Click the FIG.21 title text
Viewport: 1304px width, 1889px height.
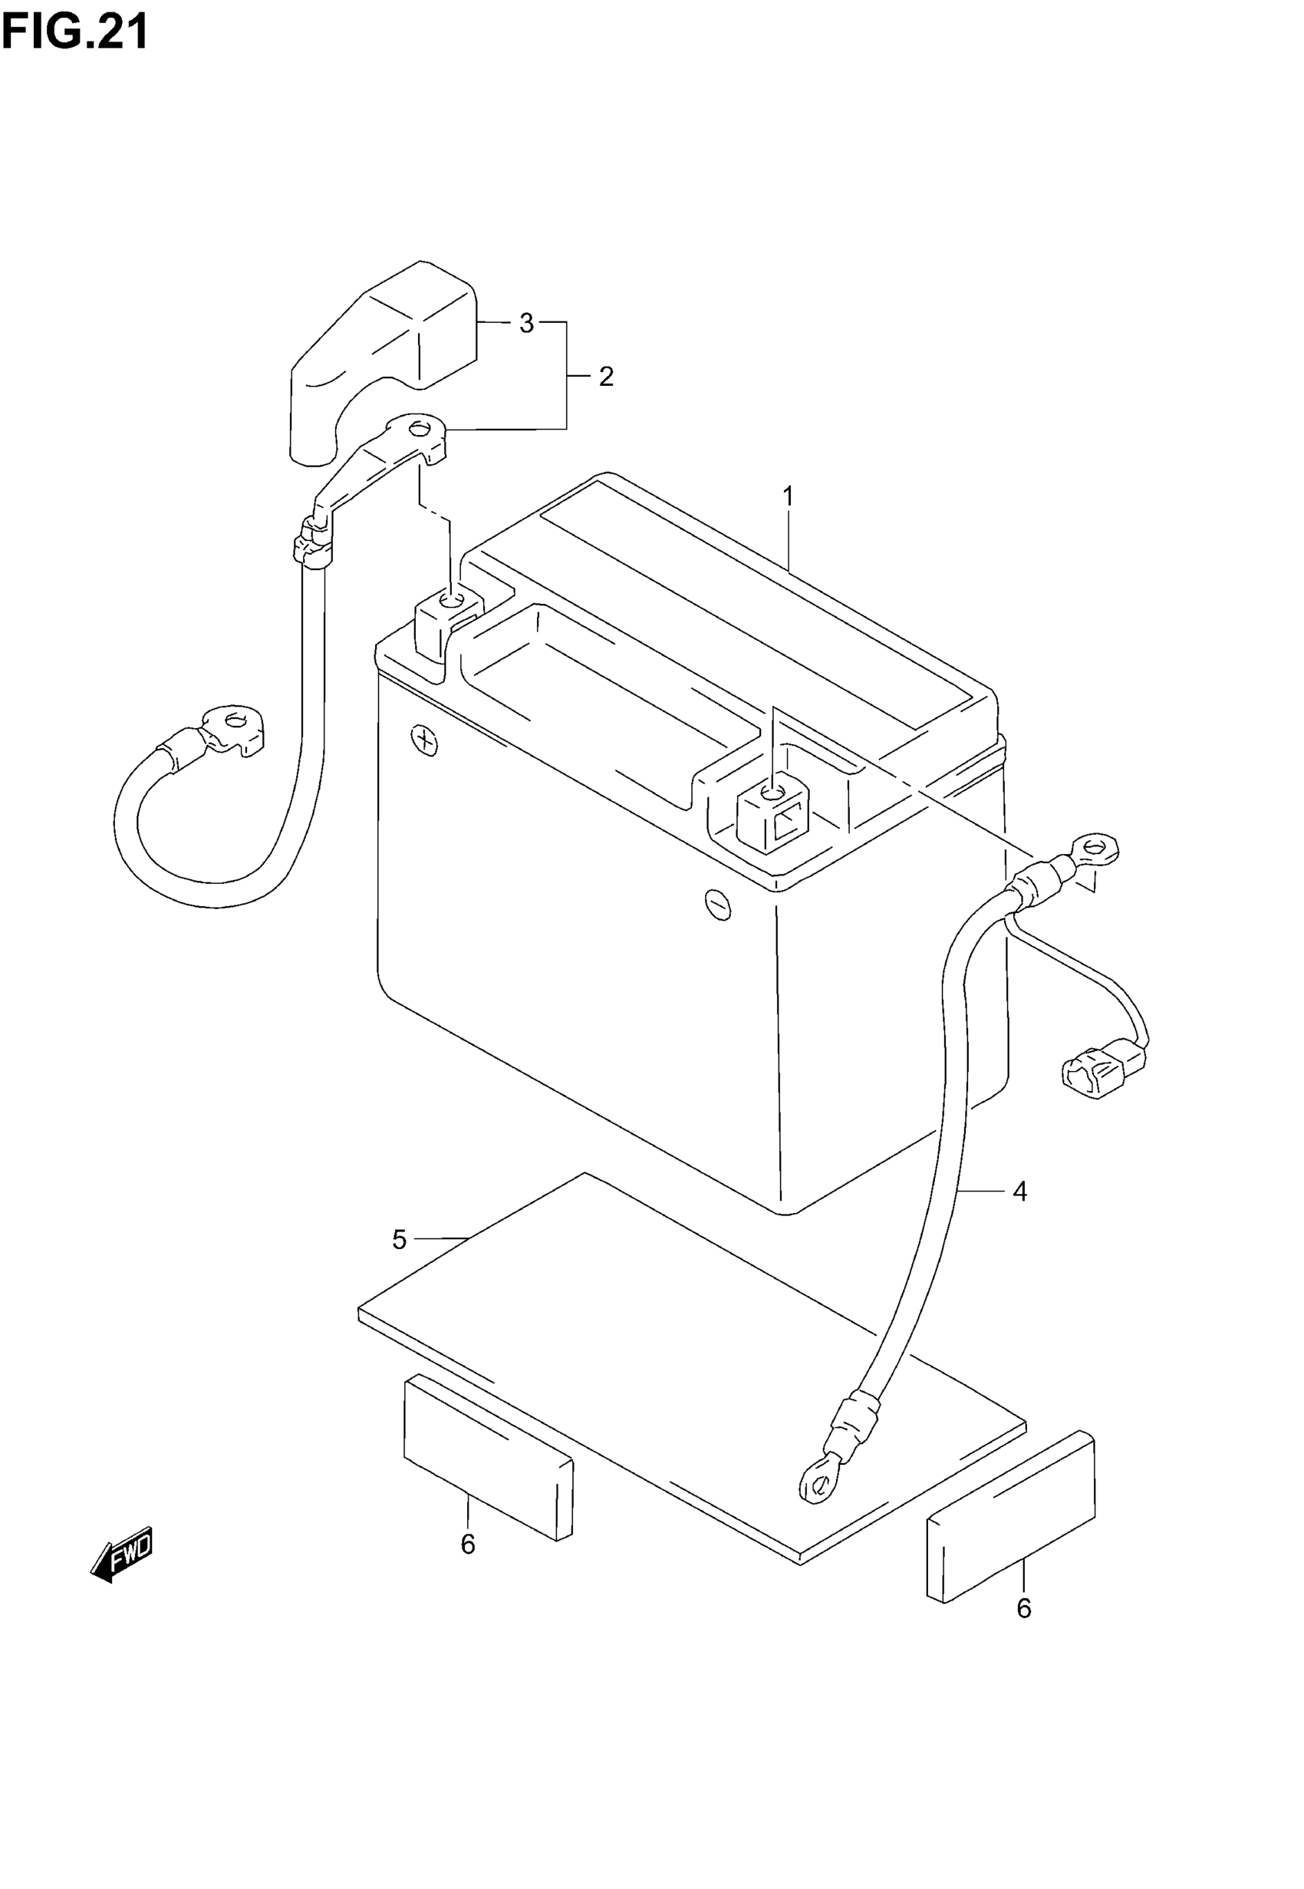click(x=75, y=33)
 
